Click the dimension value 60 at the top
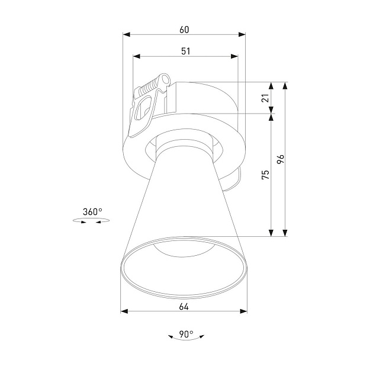click(185, 28)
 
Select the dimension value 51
click(185, 51)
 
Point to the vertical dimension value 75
click(265, 174)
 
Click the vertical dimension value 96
click(281, 159)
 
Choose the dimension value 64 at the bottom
click(184, 307)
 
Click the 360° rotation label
click(92, 211)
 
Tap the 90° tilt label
click(186, 335)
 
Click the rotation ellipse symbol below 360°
click(91, 221)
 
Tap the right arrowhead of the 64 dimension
click(244, 311)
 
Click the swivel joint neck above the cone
click(184, 147)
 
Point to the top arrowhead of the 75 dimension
click(271, 117)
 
